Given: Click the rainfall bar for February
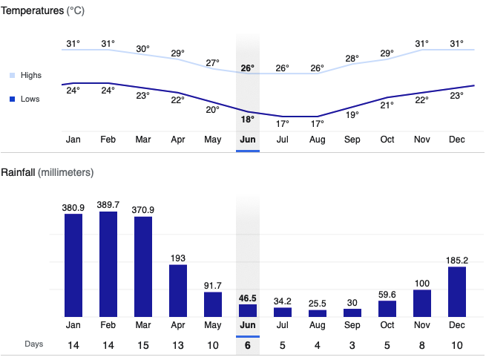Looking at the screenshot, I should click(x=108, y=264).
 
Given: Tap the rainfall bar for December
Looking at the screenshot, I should click(x=457, y=292).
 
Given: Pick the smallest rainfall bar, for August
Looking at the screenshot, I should click(x=318, y=313).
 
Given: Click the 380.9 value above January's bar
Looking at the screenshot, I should click(x=73, y=208).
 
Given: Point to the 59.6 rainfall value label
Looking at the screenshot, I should click(x=387, y=294).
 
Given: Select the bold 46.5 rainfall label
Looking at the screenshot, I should click(x=248, y=298).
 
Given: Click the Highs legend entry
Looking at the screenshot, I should click(x=30, y=76).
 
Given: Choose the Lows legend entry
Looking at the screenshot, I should click(x=30, y=99).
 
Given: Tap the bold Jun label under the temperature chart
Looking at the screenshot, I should click(x=248, y=139).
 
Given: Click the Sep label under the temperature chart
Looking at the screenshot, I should click(x=352, y=139).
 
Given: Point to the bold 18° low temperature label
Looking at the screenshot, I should click(x=248, y=119).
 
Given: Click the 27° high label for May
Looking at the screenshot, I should click(x=213, y=62).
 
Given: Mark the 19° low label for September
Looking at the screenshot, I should click(x=352, y=114).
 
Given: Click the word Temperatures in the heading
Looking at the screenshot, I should click(x=31, y=12).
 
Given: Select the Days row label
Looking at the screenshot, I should click(x=33, y=344).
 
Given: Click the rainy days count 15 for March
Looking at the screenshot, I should click(x=143, y=344).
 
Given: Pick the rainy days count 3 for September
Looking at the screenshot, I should click(x=352, y=344).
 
